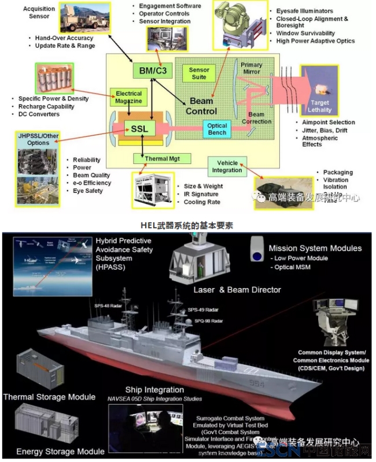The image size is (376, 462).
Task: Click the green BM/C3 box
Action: (152, 71)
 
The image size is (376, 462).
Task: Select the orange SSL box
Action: (139, 128)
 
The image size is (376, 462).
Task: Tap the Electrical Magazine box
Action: (128, 97)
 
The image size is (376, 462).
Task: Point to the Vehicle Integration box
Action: (227, 166)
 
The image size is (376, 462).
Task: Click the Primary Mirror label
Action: (252, 68)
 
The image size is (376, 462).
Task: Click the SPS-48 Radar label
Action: (109, 303)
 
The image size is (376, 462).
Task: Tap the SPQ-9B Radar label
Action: (212, 321)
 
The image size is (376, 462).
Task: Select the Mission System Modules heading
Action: (315, 248)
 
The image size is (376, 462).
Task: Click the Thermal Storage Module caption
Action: (49, 397)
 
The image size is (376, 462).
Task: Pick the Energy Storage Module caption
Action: (60, 451)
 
